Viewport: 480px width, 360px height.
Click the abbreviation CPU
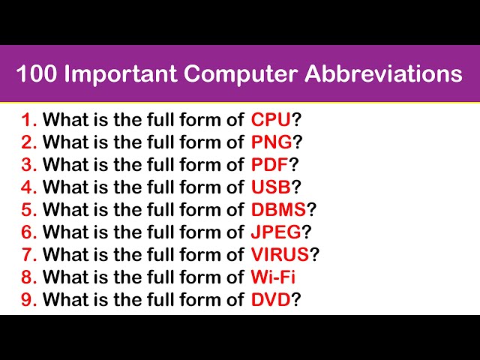pyautogui.click(x=271, y=119)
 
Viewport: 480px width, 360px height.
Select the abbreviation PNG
pyautogui.click(x=271, y=142)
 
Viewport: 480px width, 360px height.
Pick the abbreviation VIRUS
pyautogui.click(x=280, y=254)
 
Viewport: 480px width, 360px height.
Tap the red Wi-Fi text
pyautogui.click(x=273, y=277)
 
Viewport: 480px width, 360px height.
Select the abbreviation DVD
pyautogui.click(x=271, y=299)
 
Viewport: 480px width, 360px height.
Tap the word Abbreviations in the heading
pyautogui.click(x=383, y=73)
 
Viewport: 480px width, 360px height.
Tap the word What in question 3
pyautogui.click(x=64, y=164)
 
